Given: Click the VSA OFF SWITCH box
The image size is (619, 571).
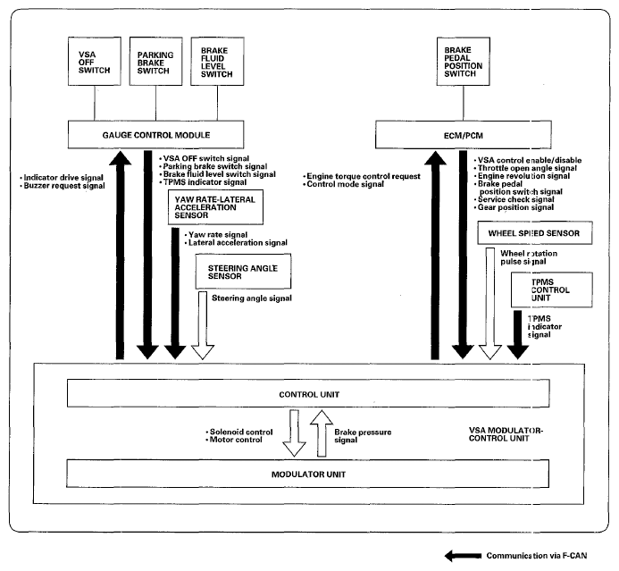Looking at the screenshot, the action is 95,61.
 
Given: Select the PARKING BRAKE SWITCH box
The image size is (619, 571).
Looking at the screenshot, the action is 156,61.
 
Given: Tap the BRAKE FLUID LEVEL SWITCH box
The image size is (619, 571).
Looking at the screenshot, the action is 217,61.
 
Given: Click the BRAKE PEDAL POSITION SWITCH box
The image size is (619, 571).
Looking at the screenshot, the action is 463,61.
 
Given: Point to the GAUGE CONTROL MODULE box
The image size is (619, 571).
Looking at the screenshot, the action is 156,135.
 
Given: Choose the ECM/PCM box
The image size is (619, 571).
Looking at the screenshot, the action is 463,135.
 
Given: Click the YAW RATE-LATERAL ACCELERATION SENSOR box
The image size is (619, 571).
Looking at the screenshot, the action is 215,207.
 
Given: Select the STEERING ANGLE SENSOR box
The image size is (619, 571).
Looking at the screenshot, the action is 243,272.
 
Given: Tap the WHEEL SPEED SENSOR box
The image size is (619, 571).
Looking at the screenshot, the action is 534,233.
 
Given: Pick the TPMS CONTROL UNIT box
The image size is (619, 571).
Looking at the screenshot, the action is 551,290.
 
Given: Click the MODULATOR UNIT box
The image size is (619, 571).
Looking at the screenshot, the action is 307,474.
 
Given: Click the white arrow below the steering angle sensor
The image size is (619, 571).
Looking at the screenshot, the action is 203,325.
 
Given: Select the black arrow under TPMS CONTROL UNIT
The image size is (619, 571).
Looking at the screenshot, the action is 517,335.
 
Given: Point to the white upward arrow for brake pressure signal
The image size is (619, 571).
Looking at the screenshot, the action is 322,433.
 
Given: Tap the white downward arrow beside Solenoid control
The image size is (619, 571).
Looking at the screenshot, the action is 294,433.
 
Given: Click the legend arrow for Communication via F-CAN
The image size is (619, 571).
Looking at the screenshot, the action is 463,556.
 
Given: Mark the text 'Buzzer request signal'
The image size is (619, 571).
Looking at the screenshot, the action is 64,186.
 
